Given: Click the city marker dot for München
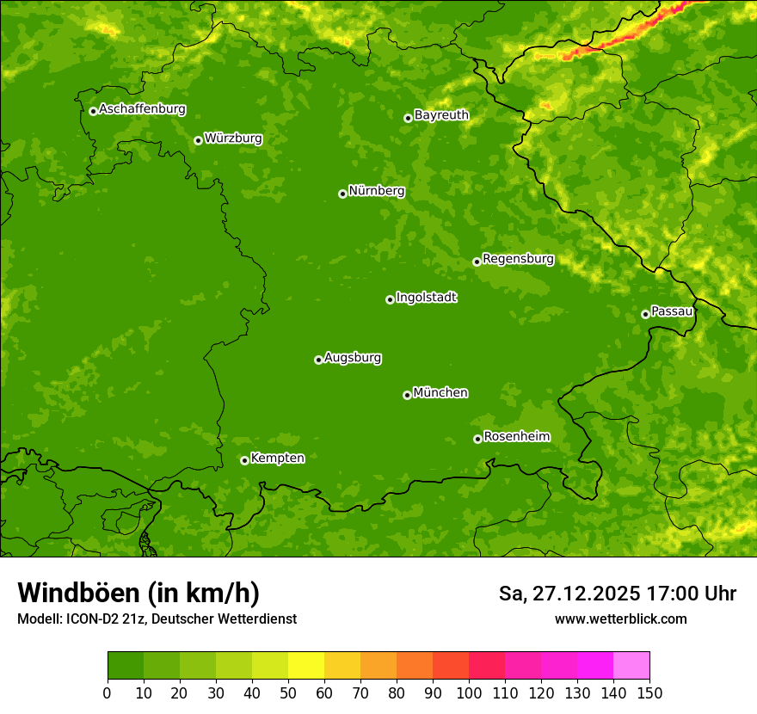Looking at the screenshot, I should coord(407,395).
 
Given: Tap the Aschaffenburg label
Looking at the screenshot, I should coord(142,109).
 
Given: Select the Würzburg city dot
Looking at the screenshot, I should coord(198,140).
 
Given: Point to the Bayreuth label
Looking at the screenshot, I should coord(441,114).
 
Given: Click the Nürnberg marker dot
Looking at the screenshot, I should coord(342,194).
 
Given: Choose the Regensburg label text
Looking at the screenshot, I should coord(518,258).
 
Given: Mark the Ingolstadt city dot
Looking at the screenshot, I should coord(390,299).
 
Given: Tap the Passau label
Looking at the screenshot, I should coord(672,311).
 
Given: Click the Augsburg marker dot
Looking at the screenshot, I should coord(318,360).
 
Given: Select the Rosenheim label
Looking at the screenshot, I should coord(516,436).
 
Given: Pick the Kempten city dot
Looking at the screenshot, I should coord(244,460).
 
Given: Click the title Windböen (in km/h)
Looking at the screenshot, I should coord(138,593).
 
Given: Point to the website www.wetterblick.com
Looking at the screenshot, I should coord(620,619).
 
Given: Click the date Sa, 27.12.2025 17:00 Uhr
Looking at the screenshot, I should coord(617,594).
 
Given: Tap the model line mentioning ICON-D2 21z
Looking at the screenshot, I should coord(157,619).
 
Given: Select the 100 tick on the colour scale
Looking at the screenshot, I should coord(469,692).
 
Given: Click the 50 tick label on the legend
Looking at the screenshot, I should coord(288,692).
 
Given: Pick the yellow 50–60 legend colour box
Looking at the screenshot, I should coord(306,666).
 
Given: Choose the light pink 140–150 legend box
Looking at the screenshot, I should coord(631,666).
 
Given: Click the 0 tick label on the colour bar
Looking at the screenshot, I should coord(108,692).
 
